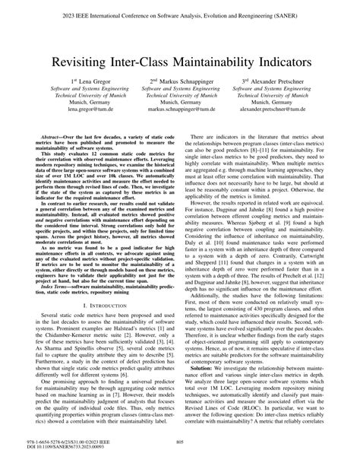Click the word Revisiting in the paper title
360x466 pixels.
tap(84, 57)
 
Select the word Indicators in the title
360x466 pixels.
tap(287, 57)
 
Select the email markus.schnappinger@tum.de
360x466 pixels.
tap(179, 109)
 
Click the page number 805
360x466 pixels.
tap(180, 443)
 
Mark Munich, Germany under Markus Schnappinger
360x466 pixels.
tap(179, 102)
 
